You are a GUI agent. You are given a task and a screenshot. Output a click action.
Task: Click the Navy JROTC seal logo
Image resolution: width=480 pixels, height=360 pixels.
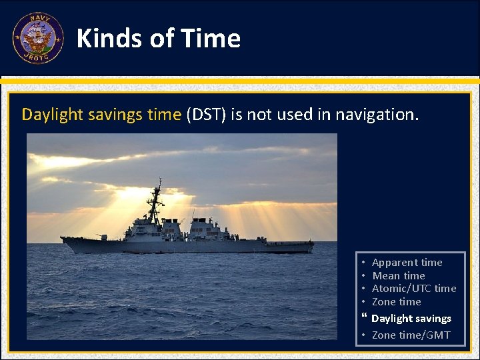38,38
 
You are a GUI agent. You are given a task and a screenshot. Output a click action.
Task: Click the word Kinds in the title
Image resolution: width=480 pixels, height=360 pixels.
107,39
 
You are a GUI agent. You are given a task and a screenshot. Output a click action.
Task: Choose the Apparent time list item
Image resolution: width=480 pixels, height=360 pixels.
407,263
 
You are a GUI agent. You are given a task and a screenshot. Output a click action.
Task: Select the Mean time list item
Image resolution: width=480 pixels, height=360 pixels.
398,276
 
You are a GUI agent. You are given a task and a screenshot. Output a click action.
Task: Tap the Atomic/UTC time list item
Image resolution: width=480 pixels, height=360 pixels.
413,289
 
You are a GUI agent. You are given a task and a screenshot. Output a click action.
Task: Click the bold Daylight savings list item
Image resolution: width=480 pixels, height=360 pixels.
411,319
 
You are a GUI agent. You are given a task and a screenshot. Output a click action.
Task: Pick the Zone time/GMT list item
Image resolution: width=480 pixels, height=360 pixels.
411,335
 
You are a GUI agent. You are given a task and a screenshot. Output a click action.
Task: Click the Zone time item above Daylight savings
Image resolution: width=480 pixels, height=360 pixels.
396,302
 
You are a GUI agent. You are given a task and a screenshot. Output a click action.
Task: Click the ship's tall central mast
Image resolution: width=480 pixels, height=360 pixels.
157,200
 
